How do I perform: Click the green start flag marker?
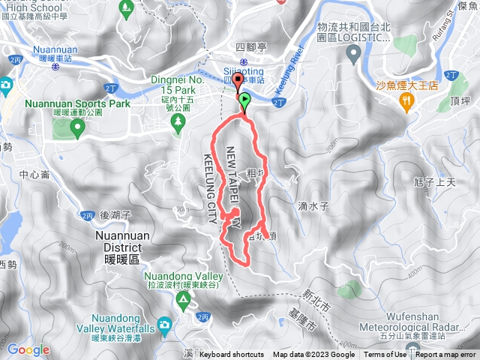pyautogui.click(x=245, y=97)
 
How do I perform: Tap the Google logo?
pyautogui.click(x=28, y=349)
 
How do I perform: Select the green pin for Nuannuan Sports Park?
pyautogui.click(x=76, y=130)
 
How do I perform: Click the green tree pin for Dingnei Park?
pyautogui.click(x=178, y=128)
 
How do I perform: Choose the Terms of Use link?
pyautogui.click(x=385, y=355)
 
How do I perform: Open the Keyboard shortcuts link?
pyautogui.click(x=232, y=355)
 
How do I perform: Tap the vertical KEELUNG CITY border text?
pyautogui.click(x=209, y=188)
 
